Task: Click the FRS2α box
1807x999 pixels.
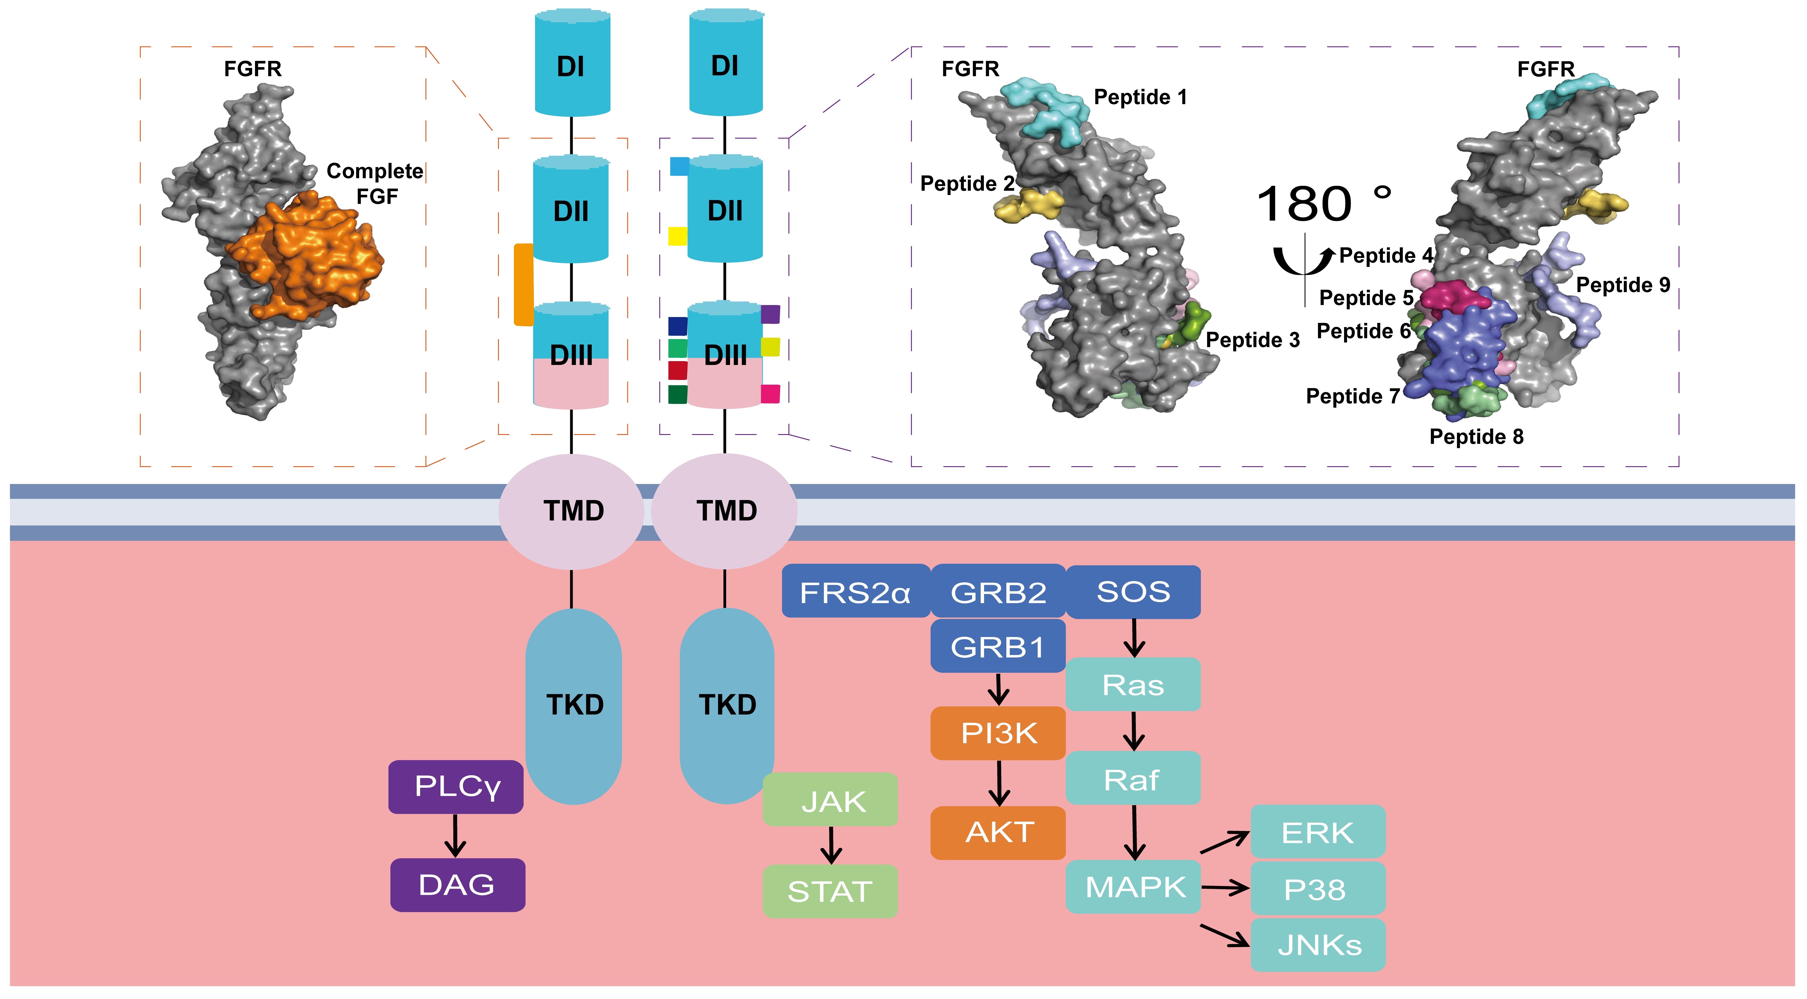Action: pos(855,591)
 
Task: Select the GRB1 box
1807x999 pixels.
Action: pos(998,646)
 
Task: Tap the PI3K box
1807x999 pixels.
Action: pos(998,733)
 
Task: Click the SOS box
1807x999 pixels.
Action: pos(1133,591)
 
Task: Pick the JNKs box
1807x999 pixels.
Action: pos(1318,945)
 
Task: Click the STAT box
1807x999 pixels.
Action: pos(830,891)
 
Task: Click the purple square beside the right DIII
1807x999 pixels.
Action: pos(770,314)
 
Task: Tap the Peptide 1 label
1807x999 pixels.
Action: pos(1140,97)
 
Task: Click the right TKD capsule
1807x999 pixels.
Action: pos(727,705)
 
